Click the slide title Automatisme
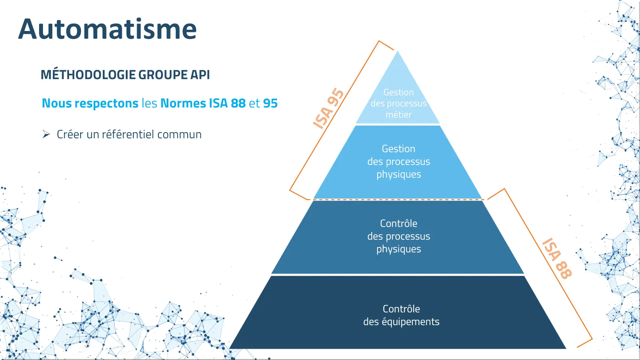(x=107, y=29)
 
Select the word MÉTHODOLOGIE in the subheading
(x=88, y=75)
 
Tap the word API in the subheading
(x=200, y=75)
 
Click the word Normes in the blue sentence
(x=183, y=103)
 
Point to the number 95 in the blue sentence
(x=270, y=103)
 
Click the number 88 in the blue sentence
(x=238, y=103)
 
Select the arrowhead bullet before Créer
(x=46, y=134)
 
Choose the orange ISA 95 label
(x=328, y=109)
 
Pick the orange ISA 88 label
(x=557, y=258)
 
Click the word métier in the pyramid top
(x=398, y=114)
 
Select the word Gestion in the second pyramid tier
(x=398, y=149)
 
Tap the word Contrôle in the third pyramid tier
(x=398, y=223)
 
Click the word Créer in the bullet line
(x=70, y=134)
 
